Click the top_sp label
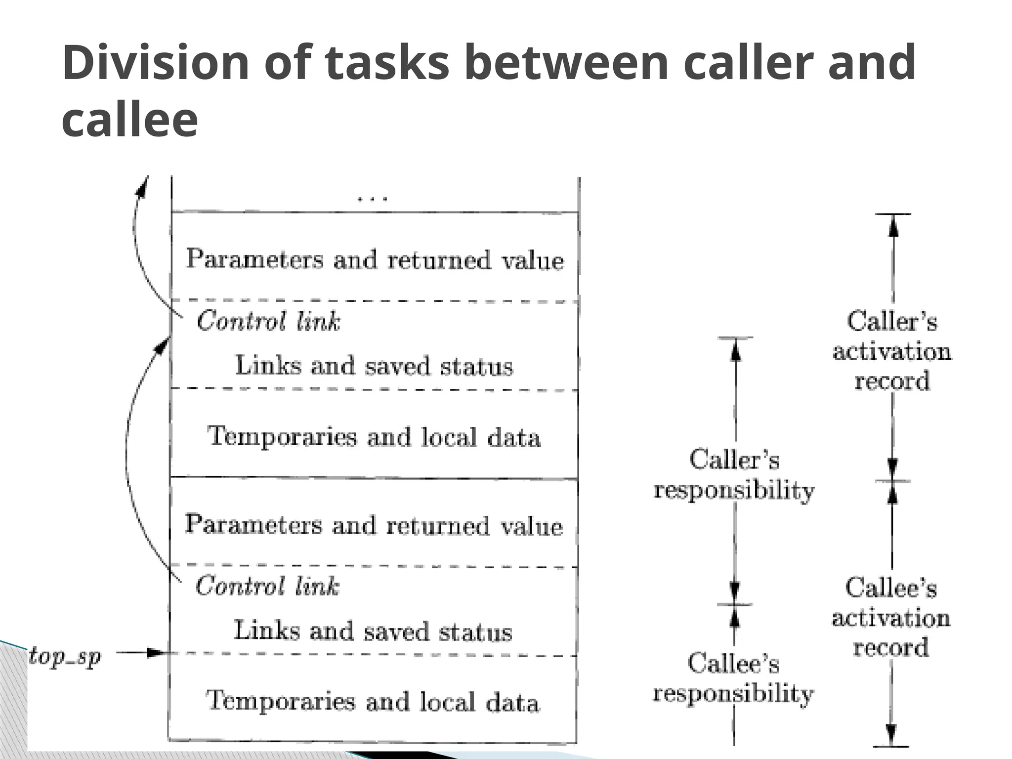pyautogui.click(x=65, y=657)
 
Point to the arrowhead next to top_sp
pyautogui.click(x=157, y=653)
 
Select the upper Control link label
pyautogui.click(x=268, y=321)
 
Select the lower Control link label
pyautogui.click(x=267, y=586)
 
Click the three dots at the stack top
pyautogui.click(x=373, y=199)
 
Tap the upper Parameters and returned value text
pyautogui.click(x=375, y=259)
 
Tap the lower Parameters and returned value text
pyautogui.click(x=374, y=525)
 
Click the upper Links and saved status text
pyautogui.click(x=374, y=366)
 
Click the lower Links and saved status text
pyautogui.click(x=373, y=632)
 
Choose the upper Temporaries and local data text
pyautogui.click(x=374, y=437)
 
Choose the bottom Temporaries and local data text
pyautogui.click(x=373, y=702)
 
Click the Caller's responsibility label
pyautogui.click(x=734, y=475)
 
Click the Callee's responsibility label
pyautogui.click(x=733, y=678)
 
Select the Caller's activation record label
pyautogui.click(x=892, y=351)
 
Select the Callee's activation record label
pyautogui.click(x=891, y=618)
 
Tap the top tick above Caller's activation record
pyautogui.click(x=892, y=214)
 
